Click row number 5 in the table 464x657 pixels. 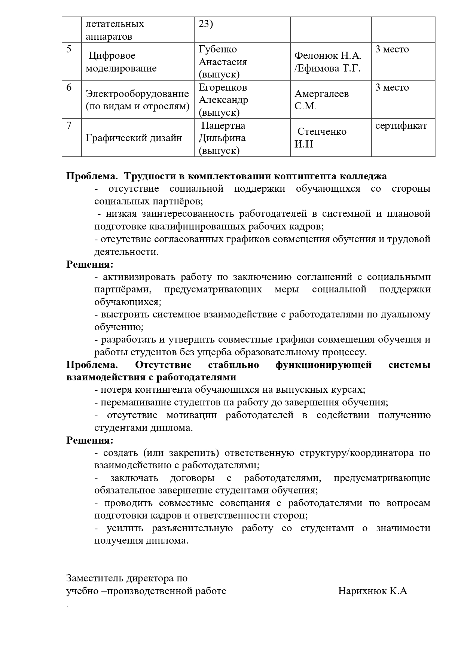(69, 49)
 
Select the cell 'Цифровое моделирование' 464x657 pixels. (121, 62)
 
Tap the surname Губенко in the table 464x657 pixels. (217, 49)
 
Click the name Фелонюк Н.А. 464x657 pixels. (328, 56)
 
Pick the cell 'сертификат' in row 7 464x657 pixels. (401, 125)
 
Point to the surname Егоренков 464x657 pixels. (223, 88)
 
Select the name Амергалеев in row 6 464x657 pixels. (321, 94)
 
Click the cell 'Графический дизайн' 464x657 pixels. (134, 138)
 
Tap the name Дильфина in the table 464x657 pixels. (222, 138)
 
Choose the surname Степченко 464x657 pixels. (322, 132)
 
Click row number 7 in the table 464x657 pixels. (69, 125)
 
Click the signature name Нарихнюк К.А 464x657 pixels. (372, 591)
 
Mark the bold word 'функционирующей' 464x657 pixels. (323, 365)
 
